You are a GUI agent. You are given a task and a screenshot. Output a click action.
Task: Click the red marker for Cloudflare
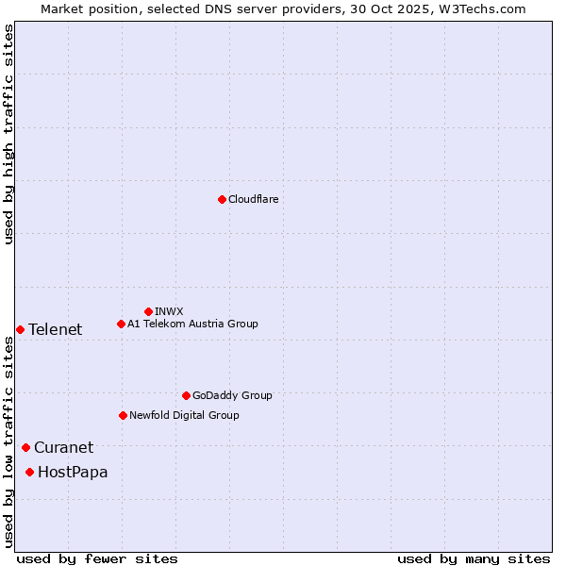click(222, 199)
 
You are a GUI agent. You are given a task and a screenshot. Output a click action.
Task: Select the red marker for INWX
click(148, 311)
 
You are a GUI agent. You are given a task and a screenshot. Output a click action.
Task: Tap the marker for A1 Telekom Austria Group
click(121, 324)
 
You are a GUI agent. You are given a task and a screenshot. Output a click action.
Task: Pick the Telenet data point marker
click(20, 329)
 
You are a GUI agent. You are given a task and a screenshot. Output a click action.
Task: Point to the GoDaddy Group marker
click(186, 395)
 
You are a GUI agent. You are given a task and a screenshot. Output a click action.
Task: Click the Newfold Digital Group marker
click(123, 415)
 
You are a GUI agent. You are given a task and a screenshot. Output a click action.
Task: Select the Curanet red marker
click(25, 447)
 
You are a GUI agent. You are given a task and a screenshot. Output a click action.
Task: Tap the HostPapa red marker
click(30, 472)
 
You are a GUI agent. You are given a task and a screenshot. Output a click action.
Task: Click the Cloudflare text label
click(253, 199)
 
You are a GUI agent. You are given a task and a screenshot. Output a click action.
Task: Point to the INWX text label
click(169, 311)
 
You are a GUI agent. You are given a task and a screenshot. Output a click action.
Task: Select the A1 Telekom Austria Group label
click(192, 324)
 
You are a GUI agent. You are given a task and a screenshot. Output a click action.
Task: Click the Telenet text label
click(55, 329)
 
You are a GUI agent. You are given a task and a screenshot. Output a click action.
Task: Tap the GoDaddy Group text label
click(231, 395)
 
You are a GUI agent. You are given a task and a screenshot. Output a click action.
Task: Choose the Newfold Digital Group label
click(184, 415)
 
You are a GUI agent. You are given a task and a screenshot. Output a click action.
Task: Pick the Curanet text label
click(63, 447)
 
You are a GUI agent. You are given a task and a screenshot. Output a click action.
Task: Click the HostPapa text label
click(73, 472)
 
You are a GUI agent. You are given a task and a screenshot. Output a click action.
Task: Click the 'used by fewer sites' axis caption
click(97, 558)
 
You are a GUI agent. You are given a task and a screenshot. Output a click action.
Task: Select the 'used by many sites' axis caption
click(474, 558)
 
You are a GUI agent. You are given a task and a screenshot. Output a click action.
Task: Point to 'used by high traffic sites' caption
click(8, 134)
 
